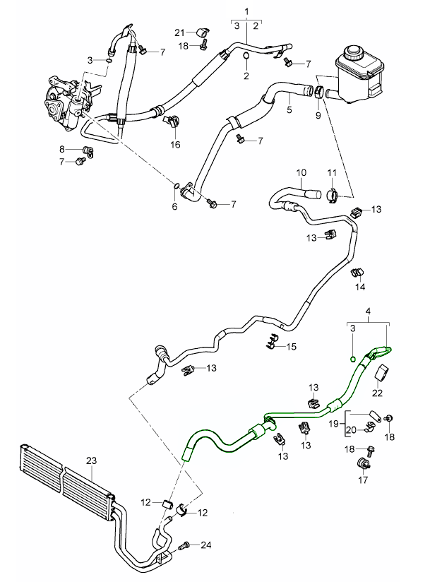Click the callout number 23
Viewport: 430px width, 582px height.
90,461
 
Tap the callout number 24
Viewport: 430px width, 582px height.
207,545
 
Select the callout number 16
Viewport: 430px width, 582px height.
174,144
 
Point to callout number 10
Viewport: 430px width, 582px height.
301,172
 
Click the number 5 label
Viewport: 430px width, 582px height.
289,110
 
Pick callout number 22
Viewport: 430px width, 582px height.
377,393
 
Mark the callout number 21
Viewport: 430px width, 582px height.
179,32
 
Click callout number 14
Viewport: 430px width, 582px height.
360,287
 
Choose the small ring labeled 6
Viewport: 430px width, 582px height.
174,186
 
